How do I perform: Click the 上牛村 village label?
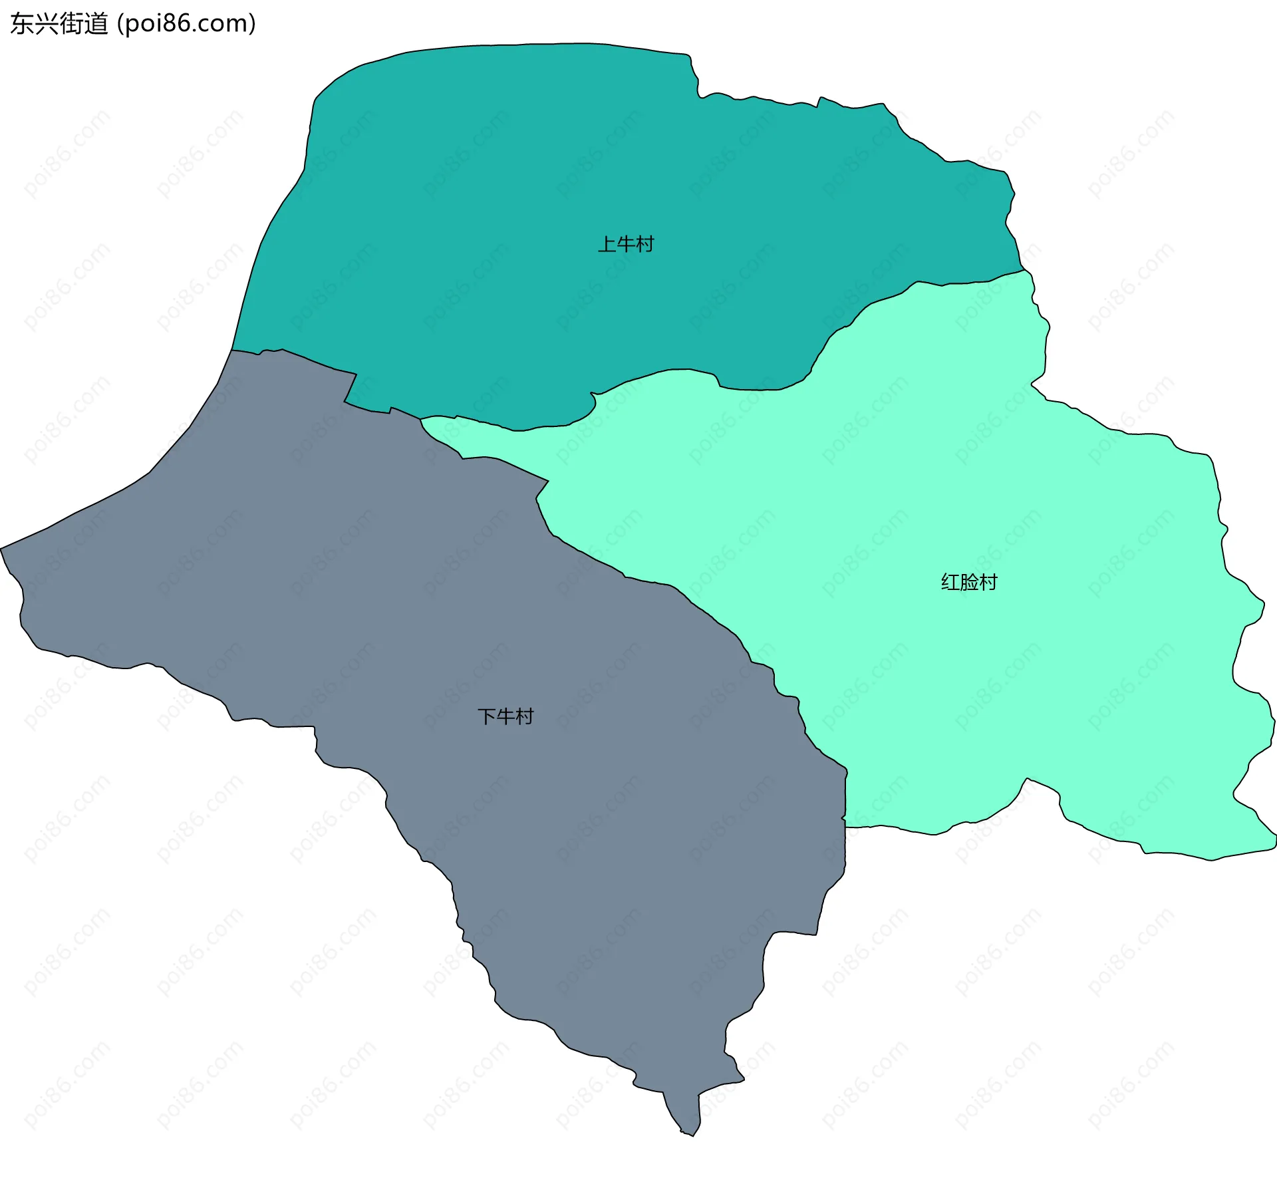[626, 244]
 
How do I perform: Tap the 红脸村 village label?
[969, 582]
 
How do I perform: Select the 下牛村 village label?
[505, 716]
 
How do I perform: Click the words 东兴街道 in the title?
[59, 24]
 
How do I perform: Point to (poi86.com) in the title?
[187, 24]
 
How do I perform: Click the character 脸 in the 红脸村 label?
[969, 582]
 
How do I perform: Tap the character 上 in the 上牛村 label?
[607, 244]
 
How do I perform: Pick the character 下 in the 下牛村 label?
[487, 716]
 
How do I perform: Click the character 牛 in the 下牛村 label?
[505, 716]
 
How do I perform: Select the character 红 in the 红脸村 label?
[950, 582]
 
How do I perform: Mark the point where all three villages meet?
[420, 418]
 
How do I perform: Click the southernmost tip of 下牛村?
[692, 1135]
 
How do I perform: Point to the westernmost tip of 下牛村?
[1, 549]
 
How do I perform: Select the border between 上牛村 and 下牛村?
[313, 363]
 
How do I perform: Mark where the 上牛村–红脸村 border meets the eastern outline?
[1024, 269]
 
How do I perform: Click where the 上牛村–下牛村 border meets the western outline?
[232, 349]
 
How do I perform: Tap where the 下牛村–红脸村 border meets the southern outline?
[845, 827]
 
